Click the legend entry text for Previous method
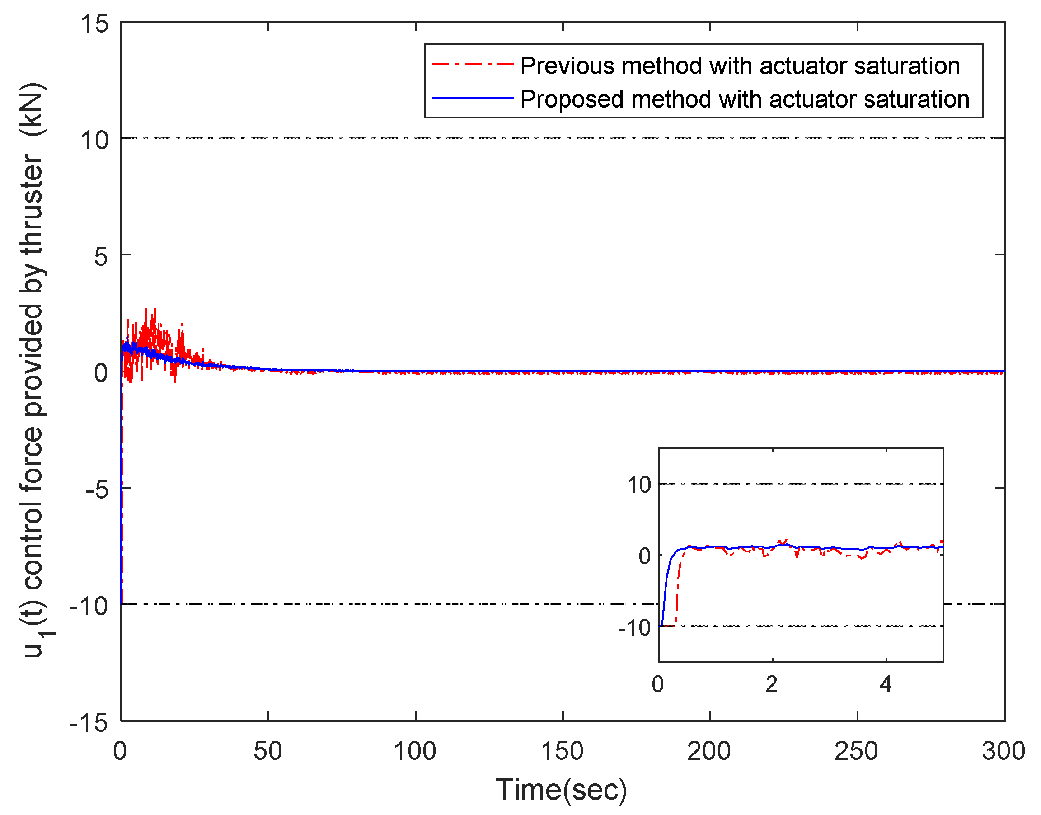(x=740, y=66)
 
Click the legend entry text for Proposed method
(x=745, y=99)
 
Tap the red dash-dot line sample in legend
(x=473, y=64)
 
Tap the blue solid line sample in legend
(x=473, y=98)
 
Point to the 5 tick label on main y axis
(x=101, y=257)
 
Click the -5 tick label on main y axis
(x=97, y=490)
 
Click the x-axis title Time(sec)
(x=562, y=790)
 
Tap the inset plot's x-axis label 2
(x=772, y=684)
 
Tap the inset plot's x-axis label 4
(x=886, y=684)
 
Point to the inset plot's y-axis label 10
(x=639, y=485)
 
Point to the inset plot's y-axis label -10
(x=634, y=627)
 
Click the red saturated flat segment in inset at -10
(x=670, y=626)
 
